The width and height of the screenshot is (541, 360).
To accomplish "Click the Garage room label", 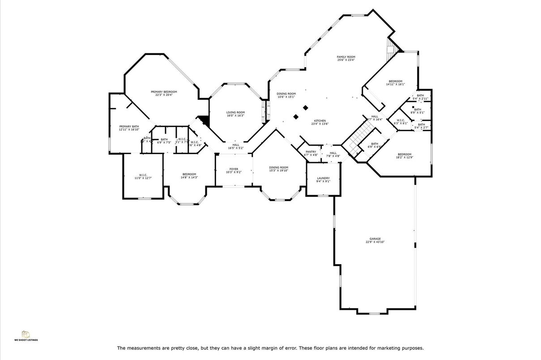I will (x=375, y=240).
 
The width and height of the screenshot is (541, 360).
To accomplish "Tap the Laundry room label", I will (x=323, y=180).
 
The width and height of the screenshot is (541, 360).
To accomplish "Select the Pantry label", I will (x=311, y=153).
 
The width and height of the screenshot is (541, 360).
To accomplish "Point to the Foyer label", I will (x=234, y=170).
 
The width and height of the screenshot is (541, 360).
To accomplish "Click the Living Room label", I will (x=235, y=114).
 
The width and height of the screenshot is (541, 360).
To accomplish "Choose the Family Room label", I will (x=346, y=58).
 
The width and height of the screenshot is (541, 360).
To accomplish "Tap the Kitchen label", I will (x=319, y=122).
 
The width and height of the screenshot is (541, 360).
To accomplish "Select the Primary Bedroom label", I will (x=164, y=93).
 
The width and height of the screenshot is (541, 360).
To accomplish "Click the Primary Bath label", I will (x=129, y=128).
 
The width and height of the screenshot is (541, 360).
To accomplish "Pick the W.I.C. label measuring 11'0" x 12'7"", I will (x=143, y=176).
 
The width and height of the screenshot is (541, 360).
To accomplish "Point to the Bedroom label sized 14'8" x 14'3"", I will (x=189, y=176).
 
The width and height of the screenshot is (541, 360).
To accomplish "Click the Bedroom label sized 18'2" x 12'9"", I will (x=404, y=156).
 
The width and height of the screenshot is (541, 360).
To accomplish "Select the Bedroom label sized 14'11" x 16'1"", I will (x=395, y=82).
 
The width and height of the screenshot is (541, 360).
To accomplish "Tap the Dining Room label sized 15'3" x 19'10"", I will (x=278, y=169).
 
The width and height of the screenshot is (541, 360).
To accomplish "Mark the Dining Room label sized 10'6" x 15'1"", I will (x=286, y=95).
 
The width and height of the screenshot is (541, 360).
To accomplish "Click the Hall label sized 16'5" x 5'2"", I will (x=235, y=146).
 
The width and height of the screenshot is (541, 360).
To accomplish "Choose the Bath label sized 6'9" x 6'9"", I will (x=374, y=145).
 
